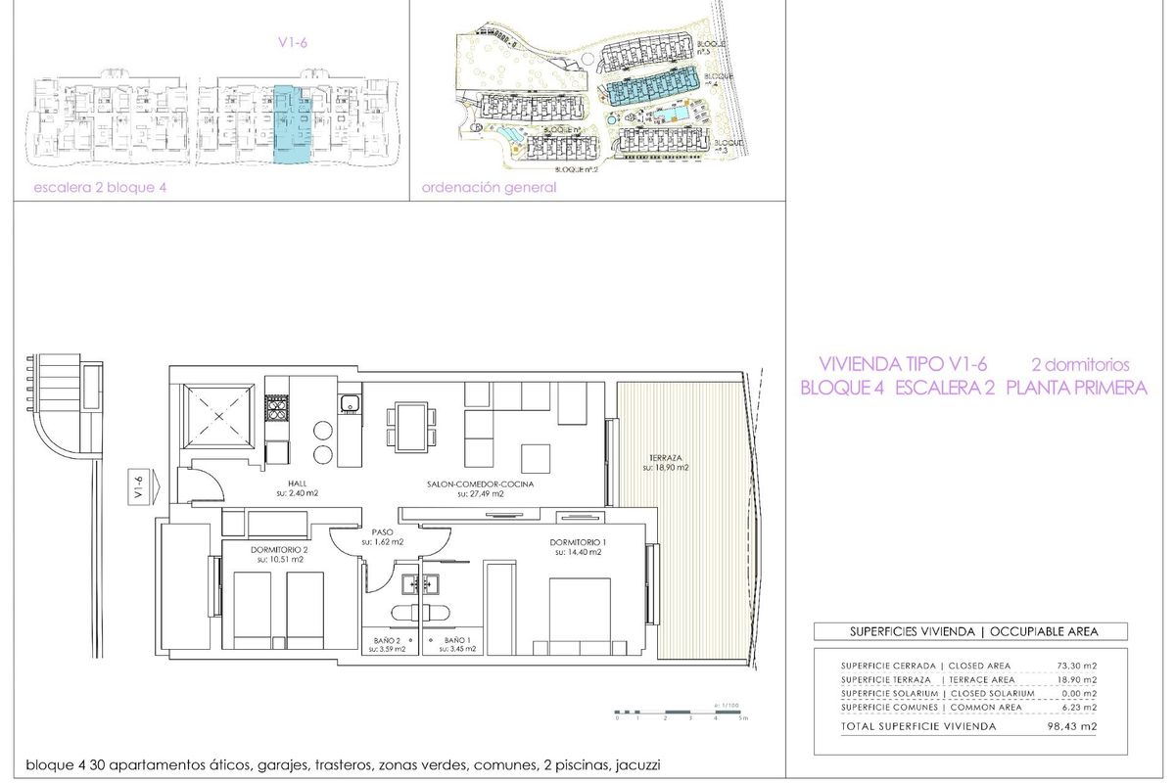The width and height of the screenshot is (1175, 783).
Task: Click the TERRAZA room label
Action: [x=666, y=457]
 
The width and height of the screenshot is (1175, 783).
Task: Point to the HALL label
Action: [x=298, y=484]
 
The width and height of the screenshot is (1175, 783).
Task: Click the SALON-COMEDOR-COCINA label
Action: [x=480, y=484]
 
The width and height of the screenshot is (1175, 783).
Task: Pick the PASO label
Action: [x=382, y=531]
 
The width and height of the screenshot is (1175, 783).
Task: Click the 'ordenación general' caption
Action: [x=489, y=188]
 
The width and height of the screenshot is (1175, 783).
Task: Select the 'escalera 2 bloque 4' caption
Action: [x=94, y=188]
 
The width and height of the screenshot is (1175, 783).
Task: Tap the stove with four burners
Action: [x=277, y=408]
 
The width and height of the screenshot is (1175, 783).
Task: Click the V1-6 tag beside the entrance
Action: [x=139, y=486]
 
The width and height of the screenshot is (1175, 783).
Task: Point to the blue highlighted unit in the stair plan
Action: [x=288, y=122]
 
